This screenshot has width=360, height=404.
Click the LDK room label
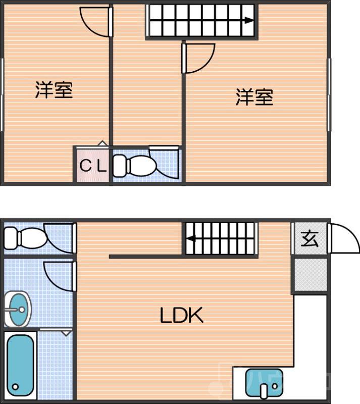pos(181,316)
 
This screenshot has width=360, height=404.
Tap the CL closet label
pos(93,165)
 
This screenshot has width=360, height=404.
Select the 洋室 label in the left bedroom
pos(54,90)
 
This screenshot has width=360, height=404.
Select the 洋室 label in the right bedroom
pos(254,96)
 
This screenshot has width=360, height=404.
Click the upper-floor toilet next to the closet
pos(135,165)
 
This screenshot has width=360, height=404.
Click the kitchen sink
pos(263,383)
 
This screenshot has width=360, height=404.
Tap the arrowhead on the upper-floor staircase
pos(249,21)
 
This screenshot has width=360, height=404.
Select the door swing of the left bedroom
pos(94,20)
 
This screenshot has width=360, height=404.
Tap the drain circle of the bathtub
pos(16,387)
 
